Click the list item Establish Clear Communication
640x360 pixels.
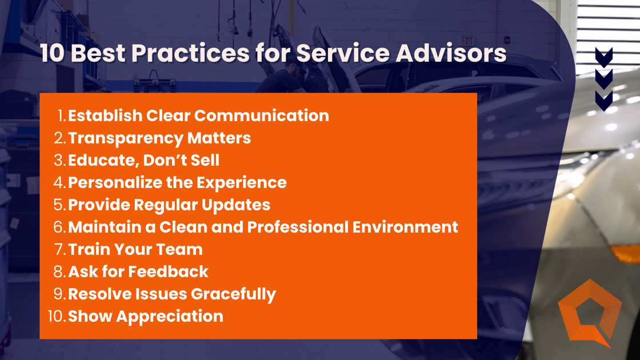(198, 115)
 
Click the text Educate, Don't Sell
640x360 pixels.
(143, 160)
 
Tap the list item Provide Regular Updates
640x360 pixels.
(169, 205)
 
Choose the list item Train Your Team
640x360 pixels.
(135, 249)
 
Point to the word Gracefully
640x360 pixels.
(233, 294)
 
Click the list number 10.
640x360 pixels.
(57, 316)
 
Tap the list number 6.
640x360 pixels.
(59, 227)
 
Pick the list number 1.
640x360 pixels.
(62, 115)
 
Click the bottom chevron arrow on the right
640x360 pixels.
(604, 99)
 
